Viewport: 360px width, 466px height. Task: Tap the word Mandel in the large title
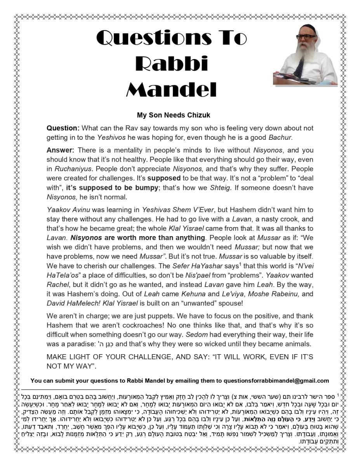click(x=171, y=90)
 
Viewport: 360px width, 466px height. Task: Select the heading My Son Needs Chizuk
click(x=173, y=115)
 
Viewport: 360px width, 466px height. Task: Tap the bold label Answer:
click(x=61, y=150)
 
